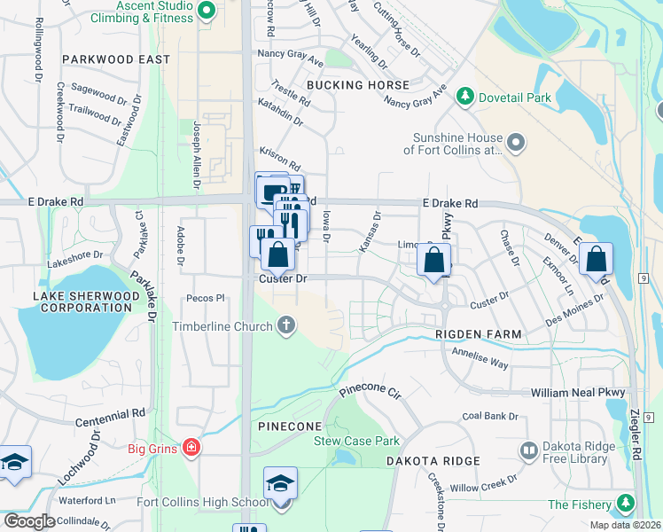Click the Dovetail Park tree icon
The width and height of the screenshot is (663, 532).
[x=463, y=96]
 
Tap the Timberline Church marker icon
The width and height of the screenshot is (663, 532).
[x=285, y=326]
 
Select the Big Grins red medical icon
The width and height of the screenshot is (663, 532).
[x=191, y=448]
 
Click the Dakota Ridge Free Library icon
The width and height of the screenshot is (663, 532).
[x=529, y=451]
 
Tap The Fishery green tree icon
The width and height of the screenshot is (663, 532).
[x=626, y=505]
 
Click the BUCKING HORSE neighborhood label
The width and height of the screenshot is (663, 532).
[x=358, y=85]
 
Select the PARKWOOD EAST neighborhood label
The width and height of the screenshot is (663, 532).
[x=116, y=59]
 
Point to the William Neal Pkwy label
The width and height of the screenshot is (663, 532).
[x=578, y=392]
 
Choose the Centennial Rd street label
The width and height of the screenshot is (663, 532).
[x=110, y=414]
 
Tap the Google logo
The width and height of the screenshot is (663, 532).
[x=29, y=521]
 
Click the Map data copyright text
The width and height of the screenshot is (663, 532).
[x=624, y=525]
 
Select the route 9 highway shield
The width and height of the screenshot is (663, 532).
[x=651, y=279]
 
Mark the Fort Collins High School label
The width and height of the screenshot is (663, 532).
[x=203, y=503]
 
